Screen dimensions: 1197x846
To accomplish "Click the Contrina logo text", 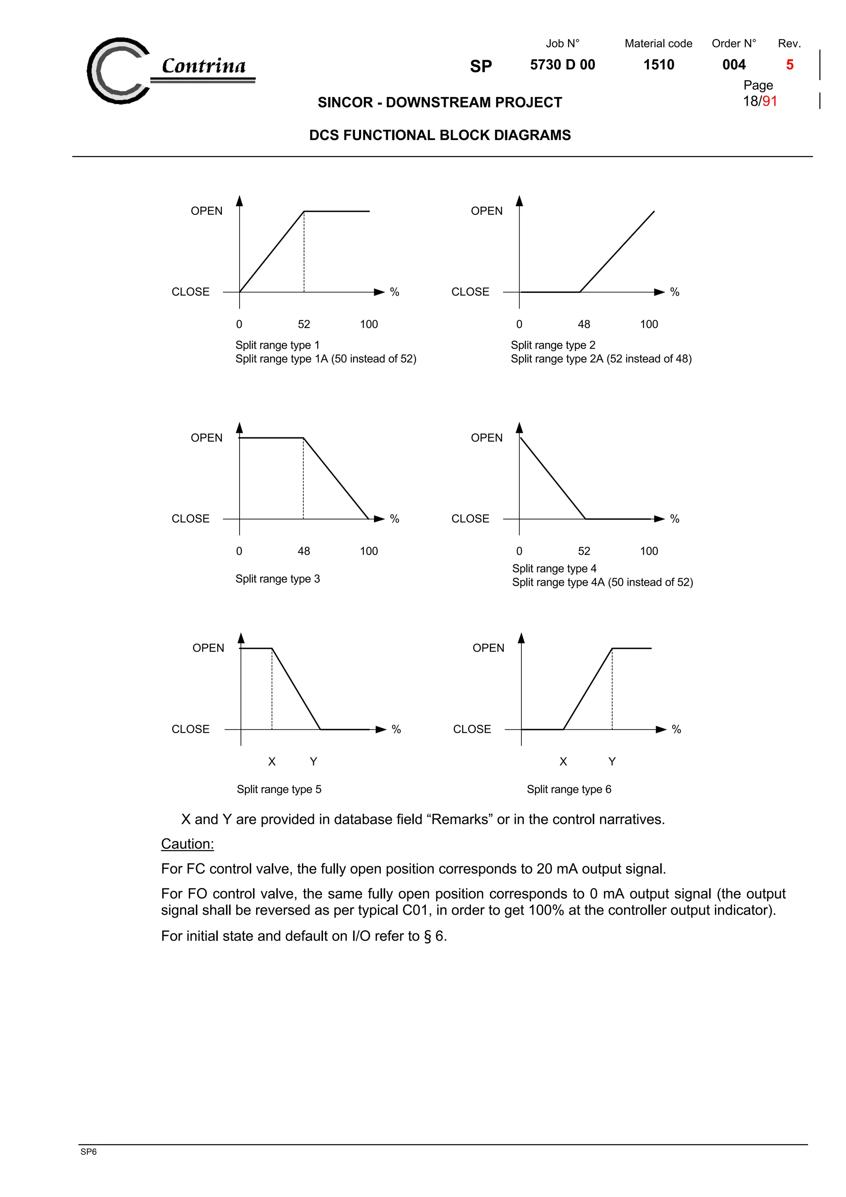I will tap(203, 66).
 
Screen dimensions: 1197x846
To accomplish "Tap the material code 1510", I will tap(658, 65).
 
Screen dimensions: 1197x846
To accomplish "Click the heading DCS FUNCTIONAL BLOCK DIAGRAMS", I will tap(440, 135).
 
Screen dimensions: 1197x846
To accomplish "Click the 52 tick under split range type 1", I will tap(304, 324).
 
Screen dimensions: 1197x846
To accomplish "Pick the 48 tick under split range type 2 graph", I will tap(584, 324).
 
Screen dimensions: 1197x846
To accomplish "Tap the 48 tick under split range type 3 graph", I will tap(304, 551).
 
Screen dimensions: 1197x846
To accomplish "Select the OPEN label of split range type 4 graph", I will tap(486, 438).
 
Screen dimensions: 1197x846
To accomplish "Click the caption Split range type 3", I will tap(277, 579).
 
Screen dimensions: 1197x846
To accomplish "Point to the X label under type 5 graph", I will tap(271, 762).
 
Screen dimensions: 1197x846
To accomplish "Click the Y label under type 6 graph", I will tap(612, 762).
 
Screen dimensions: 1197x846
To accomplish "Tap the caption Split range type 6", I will tap(569, 789).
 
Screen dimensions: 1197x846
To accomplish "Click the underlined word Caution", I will tap(187, 844).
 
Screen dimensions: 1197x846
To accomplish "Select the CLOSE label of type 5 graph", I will tap(190, 729).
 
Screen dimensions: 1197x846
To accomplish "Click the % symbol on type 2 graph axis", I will tap(675, 292).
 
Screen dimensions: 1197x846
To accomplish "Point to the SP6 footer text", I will tap(88, 1152).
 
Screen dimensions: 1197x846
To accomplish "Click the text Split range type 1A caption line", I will tap(325, 359).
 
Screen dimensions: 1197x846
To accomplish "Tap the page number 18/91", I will tap(760, 101).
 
